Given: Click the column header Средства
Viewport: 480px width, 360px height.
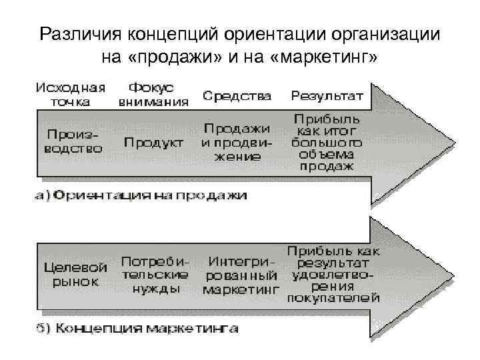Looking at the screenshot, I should (237, 96).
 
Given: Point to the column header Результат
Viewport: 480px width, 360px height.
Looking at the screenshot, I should (327, 96).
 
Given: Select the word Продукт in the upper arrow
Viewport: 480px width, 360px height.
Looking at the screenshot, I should (154, 143).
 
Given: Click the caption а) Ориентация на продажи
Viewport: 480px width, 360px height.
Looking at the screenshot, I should (140, 196).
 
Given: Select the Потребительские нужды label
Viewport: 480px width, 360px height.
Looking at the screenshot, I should (155, 274).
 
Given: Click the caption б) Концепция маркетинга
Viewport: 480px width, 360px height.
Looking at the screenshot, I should (137, 329).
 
